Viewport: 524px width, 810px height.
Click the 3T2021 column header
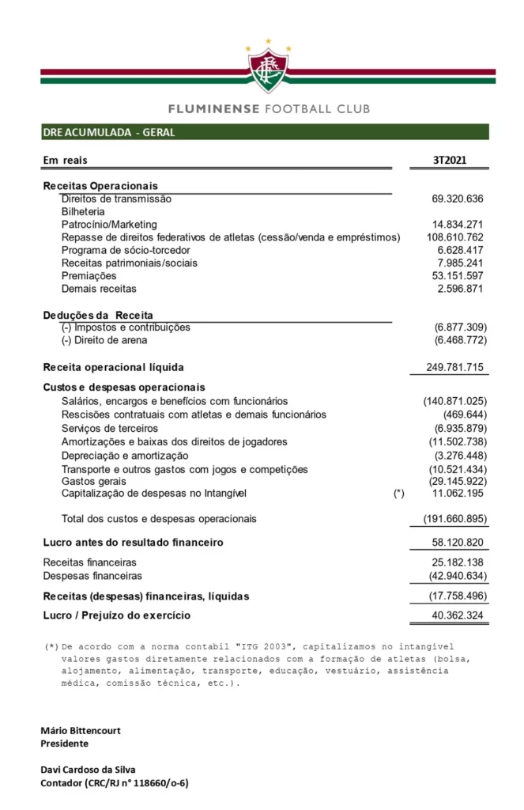click(x=449, y=161)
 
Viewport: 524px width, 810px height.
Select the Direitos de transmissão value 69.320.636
click(x=452, y=199)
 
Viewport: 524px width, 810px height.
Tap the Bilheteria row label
click(x=83, y=212)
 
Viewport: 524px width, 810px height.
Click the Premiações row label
click(x=89, y=276)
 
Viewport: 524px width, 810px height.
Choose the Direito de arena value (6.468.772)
click(x=460, y=340)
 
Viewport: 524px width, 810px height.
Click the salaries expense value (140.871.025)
click(x=455, y=402)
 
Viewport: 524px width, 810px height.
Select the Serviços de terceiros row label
click(x=109, y=428)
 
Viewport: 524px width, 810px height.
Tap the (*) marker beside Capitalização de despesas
click(x=398, y=494)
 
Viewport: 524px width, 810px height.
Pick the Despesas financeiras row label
click(x=92, y=576)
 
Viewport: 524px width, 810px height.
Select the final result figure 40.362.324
click(x=452, y=615)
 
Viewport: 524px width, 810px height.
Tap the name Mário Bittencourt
click(x=81, y=731)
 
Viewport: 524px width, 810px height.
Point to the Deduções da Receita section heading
click(x=98, y=315)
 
